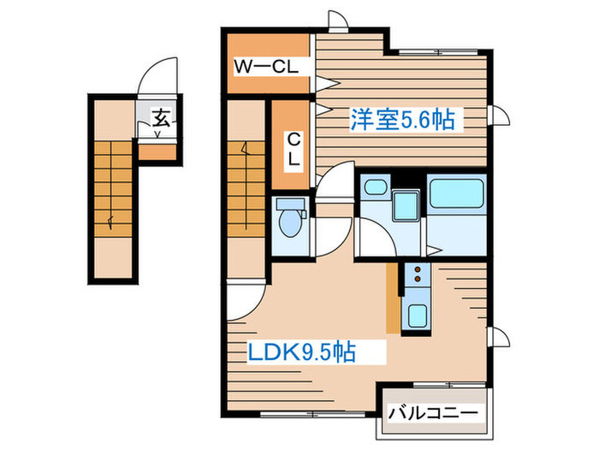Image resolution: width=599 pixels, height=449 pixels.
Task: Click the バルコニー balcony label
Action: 432,413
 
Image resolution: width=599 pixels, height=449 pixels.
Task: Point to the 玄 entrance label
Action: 160,118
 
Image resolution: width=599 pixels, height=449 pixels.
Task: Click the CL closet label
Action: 293,148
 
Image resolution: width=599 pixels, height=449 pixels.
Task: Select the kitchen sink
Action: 417,316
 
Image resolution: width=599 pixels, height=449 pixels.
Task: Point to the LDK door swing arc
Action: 243,304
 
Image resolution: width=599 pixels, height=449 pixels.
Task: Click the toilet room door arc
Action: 334,184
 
